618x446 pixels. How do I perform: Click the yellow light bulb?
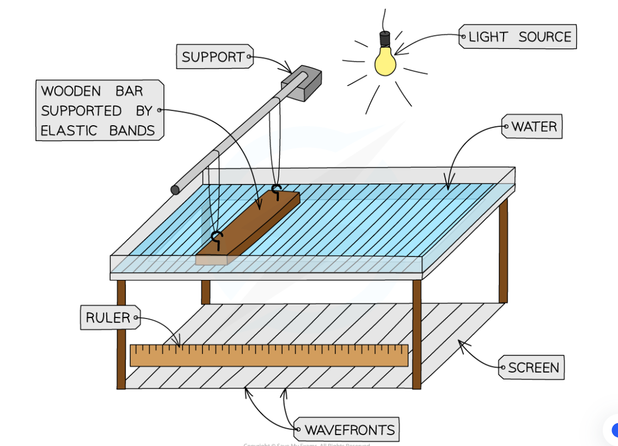pos(386,61)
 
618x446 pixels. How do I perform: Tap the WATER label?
pos(533,127)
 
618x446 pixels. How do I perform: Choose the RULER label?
pos(109,318)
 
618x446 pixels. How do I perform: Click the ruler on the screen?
pos(268,355)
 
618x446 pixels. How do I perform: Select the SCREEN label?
pos(533,368)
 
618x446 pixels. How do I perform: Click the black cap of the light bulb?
pos(385,39)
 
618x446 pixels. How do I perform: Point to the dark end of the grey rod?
pos(175,190)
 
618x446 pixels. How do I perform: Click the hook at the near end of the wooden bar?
pos(217,239)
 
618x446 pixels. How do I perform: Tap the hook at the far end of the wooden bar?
pos(277,190)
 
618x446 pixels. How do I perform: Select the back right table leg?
pos(503,251)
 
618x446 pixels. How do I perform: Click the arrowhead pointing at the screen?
pos(460,343)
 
